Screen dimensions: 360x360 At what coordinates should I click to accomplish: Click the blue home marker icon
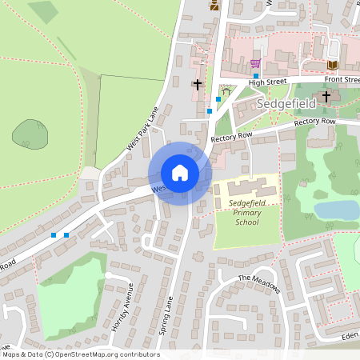pyautogui.click(x=180, y=173)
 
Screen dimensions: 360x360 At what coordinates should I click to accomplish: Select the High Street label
pyautogui.click(x=267, y=82)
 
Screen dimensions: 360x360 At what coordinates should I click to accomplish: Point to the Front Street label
pyautogui.click(x=342, y=80)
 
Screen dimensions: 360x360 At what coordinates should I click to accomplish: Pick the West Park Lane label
pyautogui.click(x=143, y=128)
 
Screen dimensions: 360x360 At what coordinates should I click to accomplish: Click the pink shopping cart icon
pyautogui.click(x=255, y=63)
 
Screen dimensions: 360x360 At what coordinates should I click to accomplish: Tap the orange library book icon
pyautogui.click(x=334, y=64)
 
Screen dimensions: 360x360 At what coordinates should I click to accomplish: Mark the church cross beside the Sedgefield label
pyautogui.click(x=326, y=98)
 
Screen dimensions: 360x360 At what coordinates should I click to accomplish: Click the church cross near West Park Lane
pyautogui.click(x=198, y=83)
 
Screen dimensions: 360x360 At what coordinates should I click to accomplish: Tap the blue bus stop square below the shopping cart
pyautogui.click(x=256, y=75)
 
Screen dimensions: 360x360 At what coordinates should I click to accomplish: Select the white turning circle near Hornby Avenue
pyautogui.click(x=107, y=275)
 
